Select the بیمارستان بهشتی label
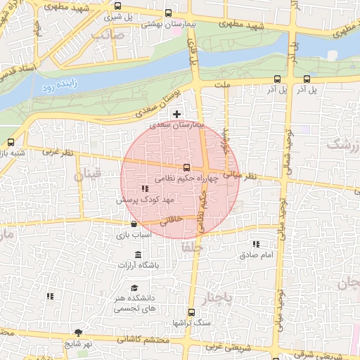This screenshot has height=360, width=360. [167, 24]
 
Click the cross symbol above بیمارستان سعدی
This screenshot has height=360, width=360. [176, 114]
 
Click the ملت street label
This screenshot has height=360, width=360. [223, 84]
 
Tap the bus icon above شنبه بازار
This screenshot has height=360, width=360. [10, 141]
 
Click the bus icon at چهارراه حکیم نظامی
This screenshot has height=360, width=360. [186, 167]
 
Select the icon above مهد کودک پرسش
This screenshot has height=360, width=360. [145, 188]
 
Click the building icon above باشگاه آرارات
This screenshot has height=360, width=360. [137, 254]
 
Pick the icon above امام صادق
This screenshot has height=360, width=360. [255, 244]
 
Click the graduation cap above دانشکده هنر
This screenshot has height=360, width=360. [134, 288]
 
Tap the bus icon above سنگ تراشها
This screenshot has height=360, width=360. [191, 312]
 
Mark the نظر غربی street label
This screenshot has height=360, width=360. [57, 151]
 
